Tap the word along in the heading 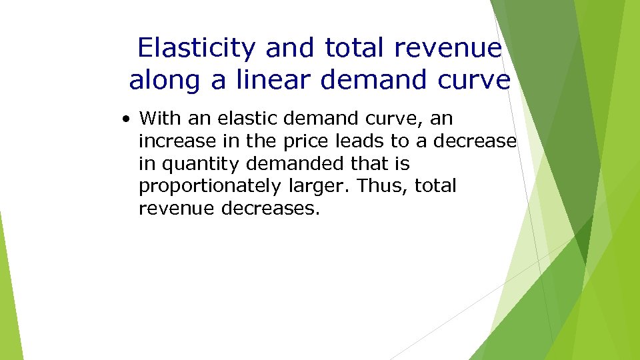click(167, 80)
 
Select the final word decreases click(271, 209)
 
